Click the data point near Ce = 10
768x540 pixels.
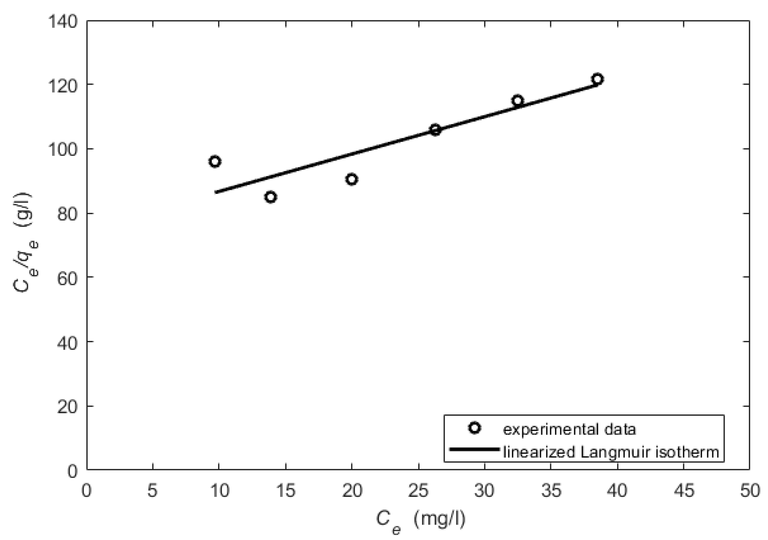click(215, 161)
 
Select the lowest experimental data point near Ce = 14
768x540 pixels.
click(271, 197)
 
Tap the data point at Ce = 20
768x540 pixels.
click(352, 180)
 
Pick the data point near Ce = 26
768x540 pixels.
click(435, 130)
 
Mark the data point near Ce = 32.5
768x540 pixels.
click(518, 101)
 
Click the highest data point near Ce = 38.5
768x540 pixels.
click(597, 79)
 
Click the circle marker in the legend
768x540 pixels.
click(475, 428)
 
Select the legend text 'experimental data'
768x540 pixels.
click(569, 429)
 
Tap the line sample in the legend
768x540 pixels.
click(475, 449)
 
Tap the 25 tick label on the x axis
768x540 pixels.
click(418, 491)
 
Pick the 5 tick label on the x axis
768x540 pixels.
click(152, 491)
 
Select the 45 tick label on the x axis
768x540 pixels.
click(684, 491)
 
